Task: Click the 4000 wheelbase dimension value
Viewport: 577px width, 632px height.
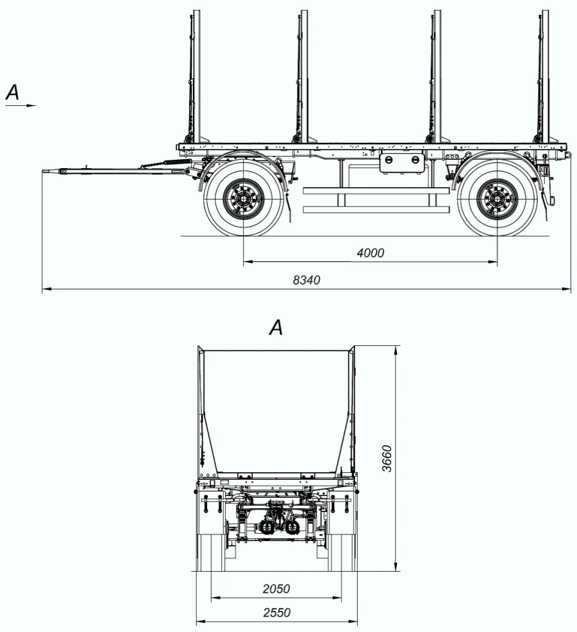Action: (371, 253)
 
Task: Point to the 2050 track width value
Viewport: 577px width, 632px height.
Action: (276, 588)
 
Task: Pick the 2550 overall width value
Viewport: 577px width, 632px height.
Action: (276, 613)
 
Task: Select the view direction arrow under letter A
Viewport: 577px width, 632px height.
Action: (21, 105)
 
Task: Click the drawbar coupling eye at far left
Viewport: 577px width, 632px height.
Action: (50, 171)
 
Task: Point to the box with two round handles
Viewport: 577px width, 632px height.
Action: (403, 162)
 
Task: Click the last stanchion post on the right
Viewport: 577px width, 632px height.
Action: (545, 77)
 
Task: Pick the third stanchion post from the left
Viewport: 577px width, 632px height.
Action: (436, 77)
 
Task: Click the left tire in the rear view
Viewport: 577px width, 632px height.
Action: (210, 552)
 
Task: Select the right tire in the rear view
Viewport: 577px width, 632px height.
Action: (341, 552)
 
